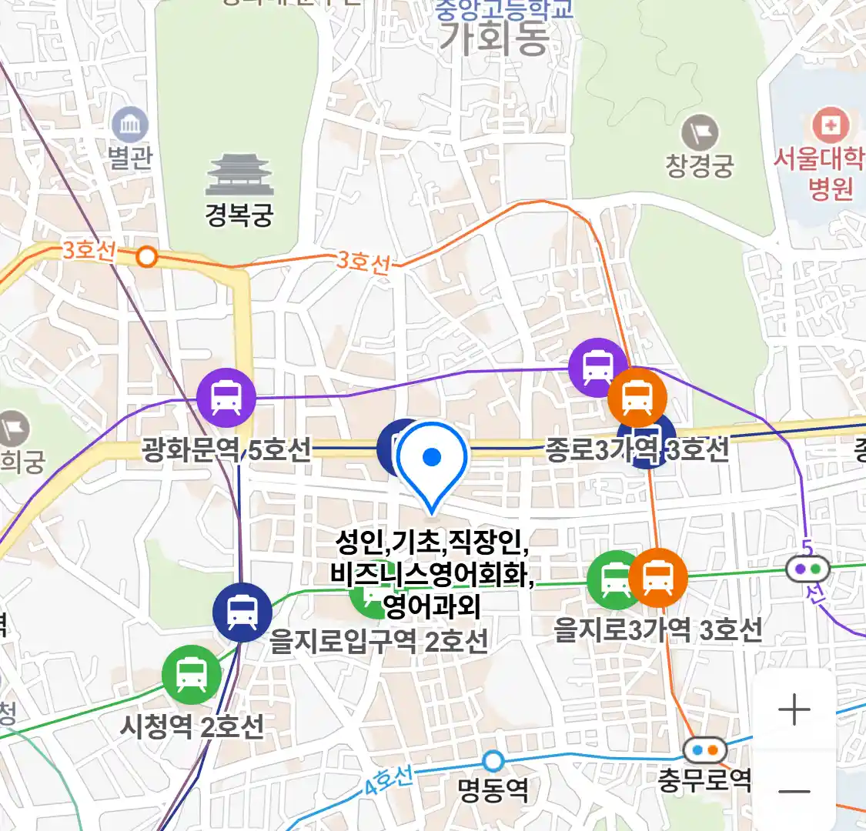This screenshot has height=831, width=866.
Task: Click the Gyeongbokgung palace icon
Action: [239, 175]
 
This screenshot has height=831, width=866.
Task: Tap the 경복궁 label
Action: [239, 215]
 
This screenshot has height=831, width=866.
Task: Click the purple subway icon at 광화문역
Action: [226, 398]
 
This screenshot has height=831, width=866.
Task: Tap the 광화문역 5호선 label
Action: [226, 449]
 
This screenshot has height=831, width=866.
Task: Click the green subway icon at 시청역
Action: [192, 675]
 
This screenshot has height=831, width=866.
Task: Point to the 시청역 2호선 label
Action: [192, 726]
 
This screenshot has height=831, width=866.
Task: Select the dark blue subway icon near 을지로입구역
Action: [242, 612]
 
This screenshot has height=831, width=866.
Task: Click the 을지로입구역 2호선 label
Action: [378, 640]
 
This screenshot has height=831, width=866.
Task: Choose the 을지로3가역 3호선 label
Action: [658, 630]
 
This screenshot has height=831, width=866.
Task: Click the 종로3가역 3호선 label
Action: [637, 449]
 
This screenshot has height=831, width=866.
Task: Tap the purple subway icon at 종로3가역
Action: [598, 367]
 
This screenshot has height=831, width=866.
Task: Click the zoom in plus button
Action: [794, 709]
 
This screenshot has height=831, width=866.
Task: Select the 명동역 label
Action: [493, 789]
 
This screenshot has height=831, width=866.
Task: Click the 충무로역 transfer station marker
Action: [704, 749]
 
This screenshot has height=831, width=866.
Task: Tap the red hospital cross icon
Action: [830, 125]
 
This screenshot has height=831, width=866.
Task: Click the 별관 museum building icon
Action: [130, 124]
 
